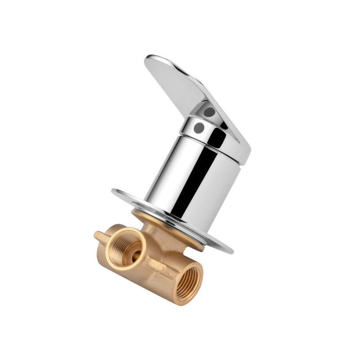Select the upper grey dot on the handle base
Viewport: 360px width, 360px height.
(x=208, y=110)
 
